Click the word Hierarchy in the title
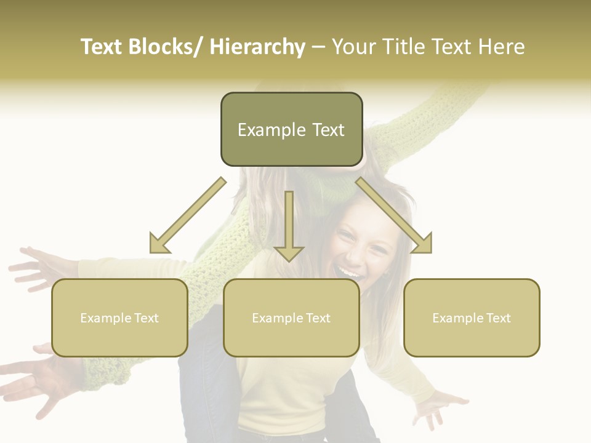click(257, 47)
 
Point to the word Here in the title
click(500, 47)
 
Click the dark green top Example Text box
click(291, 129)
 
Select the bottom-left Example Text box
click(119, 317)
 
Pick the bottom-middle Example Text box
click(291, 317)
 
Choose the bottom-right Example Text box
click(472, 317)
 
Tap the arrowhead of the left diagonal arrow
click(159, 244)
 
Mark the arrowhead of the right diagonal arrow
click(422, 244)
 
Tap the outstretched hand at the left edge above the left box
click(34, 268)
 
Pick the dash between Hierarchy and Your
click(318, 47)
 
